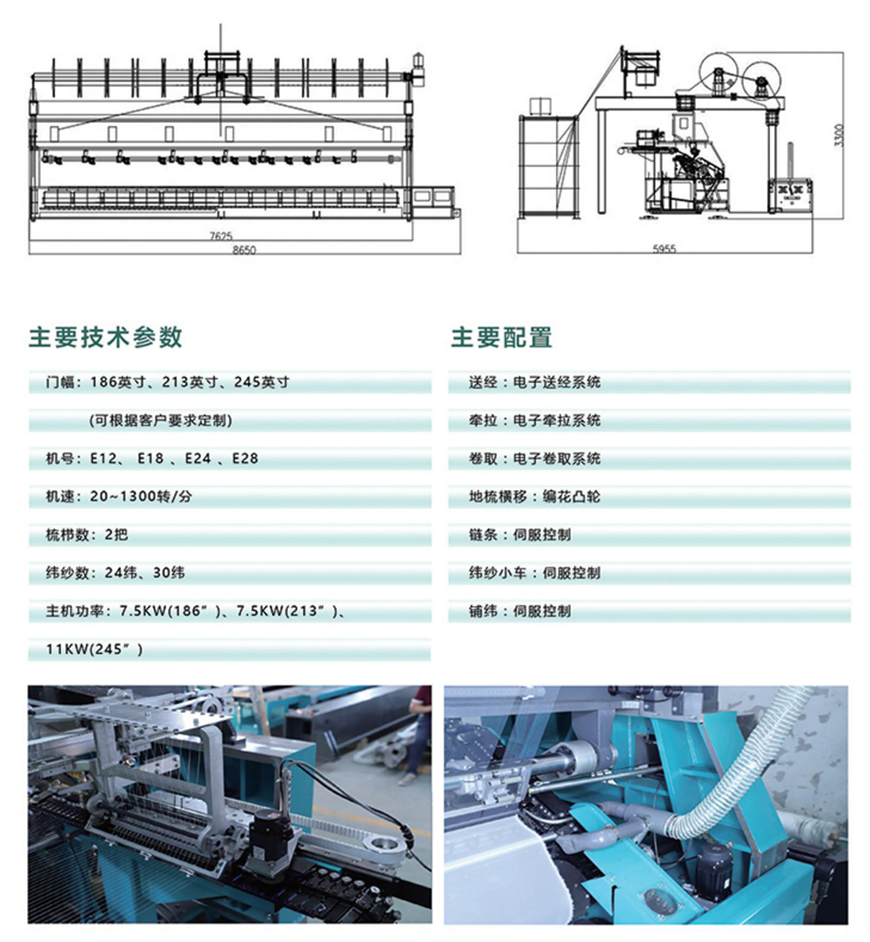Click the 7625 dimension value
220,236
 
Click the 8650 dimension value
244,250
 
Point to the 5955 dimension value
665,249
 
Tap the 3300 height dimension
839,135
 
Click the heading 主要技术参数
105,337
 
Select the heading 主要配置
501,337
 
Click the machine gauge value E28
245,459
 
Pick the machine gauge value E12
104,459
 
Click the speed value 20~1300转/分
141,496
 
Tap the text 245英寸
262,382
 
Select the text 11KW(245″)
94,649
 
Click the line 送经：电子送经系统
534,382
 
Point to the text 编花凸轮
571,496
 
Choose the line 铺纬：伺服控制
519,611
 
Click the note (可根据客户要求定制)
161,420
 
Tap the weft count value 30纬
169,573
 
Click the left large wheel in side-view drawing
718,72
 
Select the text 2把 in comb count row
117,535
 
